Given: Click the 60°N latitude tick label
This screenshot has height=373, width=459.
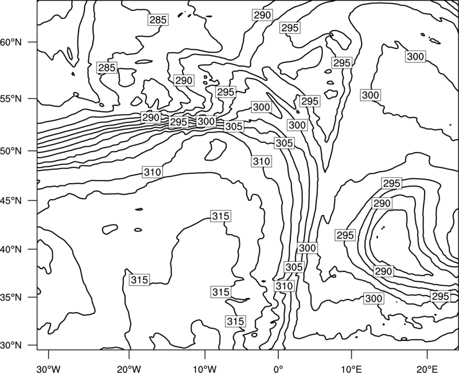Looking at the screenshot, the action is [11, 42].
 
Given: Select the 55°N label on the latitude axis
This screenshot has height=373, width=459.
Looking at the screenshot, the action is [11, 99].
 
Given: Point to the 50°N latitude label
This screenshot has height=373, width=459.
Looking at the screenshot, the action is [11, 151].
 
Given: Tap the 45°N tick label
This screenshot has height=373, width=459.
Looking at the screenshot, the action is [11, 200].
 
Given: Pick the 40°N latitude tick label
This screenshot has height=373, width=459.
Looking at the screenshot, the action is [11, 249].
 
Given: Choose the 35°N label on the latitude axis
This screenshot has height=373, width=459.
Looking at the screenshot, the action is [11, 297].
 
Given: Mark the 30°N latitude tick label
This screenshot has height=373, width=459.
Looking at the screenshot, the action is [11, 345].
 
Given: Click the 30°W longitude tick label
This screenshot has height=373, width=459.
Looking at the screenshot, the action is [48, 368].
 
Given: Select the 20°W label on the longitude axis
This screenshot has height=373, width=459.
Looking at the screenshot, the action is [129, 368].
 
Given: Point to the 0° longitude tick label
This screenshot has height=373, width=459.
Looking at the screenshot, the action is [278, 368].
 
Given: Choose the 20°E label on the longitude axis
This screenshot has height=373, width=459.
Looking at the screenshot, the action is [427, 368].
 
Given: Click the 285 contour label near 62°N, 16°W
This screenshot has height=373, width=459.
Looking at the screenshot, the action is [158, 20].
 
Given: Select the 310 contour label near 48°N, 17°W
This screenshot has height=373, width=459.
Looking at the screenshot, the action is [153, 172].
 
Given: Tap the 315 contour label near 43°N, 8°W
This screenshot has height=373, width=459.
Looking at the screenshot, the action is [221, 216].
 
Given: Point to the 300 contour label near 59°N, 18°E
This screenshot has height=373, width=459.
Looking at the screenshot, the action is [415, 56].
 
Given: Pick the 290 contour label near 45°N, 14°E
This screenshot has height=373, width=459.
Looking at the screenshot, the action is [382, 203].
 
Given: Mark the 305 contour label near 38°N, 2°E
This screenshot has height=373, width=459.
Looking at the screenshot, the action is [294, 267].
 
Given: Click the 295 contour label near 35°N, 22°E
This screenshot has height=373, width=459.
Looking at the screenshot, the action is [440, 296].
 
